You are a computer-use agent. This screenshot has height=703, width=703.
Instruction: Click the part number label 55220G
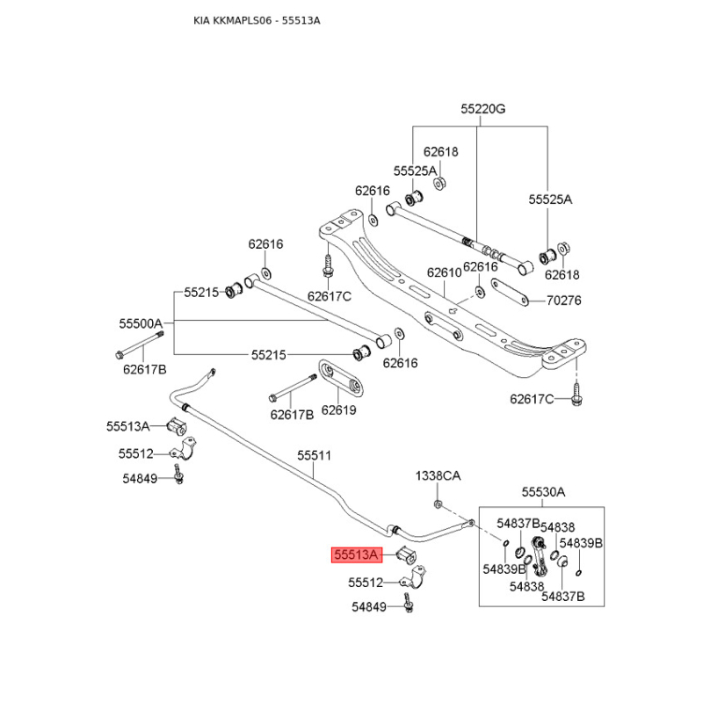pos(484,110)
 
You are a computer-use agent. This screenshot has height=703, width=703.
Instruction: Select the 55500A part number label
pos(141,323)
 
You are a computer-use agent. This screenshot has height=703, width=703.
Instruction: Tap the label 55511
pos(314,455)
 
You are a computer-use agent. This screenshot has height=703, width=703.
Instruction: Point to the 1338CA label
pos(438,475)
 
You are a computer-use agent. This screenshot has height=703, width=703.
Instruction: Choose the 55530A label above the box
pos(543,492)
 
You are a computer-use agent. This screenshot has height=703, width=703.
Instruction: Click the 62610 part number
pos(444,272)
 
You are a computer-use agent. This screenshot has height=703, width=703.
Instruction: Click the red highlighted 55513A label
pos(355,554)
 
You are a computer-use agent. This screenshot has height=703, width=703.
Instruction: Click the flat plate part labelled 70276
pos(509,291)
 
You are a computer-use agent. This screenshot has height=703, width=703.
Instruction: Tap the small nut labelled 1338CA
pos(438,504)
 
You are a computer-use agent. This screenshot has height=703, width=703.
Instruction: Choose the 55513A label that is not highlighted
pos(129,425)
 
